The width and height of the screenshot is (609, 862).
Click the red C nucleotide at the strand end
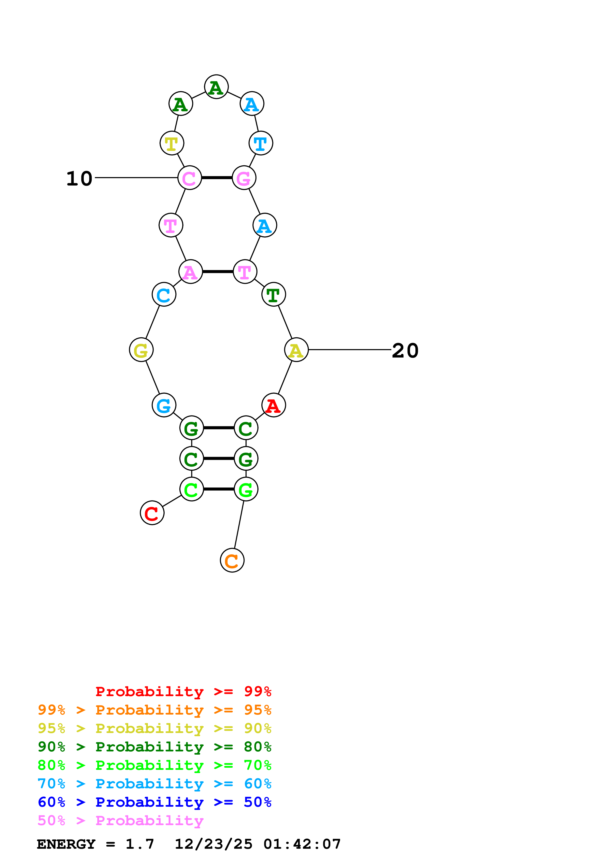(152, 513)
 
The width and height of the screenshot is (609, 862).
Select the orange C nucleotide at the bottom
(232, 560)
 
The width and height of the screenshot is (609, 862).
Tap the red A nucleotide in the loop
(273, 405)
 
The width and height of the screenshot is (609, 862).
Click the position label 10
(79, 178)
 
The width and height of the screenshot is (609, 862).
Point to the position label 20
(405, 351)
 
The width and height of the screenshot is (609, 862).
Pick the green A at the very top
(216, 87)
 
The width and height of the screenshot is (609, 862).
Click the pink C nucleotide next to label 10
(189, 178)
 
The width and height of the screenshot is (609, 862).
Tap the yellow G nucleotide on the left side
(141, 350)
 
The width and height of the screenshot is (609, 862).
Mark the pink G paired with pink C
(244, 178)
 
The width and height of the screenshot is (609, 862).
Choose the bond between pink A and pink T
(218, 272)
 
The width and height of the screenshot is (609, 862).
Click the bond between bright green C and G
(218, 489)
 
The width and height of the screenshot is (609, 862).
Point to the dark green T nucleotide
(273, 295)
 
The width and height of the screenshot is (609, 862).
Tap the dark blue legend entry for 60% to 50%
(155, 802)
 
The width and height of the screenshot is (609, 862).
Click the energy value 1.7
(140, 844)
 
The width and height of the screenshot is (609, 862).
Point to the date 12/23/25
(213, 844)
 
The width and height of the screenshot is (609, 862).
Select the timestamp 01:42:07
(302, 844)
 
